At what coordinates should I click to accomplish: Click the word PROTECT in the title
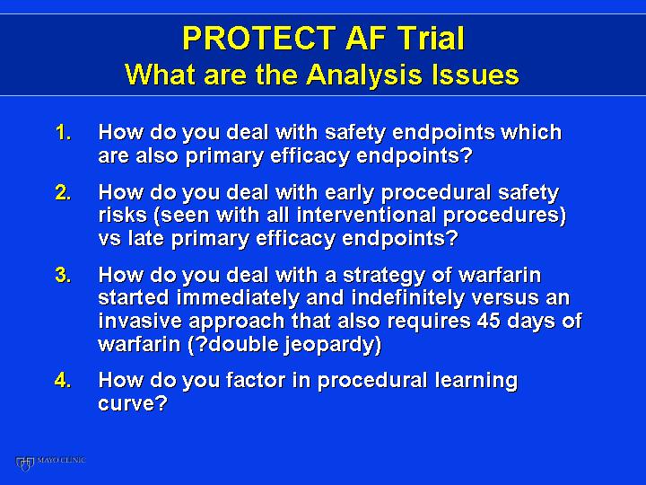coord(258,38)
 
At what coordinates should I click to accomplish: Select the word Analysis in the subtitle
coord(364,75)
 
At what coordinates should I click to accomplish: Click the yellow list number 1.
coord(63,132)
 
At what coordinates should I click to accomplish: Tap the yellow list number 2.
coord(63,192)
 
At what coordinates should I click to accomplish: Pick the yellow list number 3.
coord(63,275)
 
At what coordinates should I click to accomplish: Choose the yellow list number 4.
coord(63,380)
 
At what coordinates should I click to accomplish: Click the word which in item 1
coord(531,132)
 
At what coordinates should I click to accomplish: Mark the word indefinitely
coord(408,297)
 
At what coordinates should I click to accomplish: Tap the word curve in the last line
coord(132,403)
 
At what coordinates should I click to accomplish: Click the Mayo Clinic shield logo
coord(24,463)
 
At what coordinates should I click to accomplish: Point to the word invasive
coord(140,321)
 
